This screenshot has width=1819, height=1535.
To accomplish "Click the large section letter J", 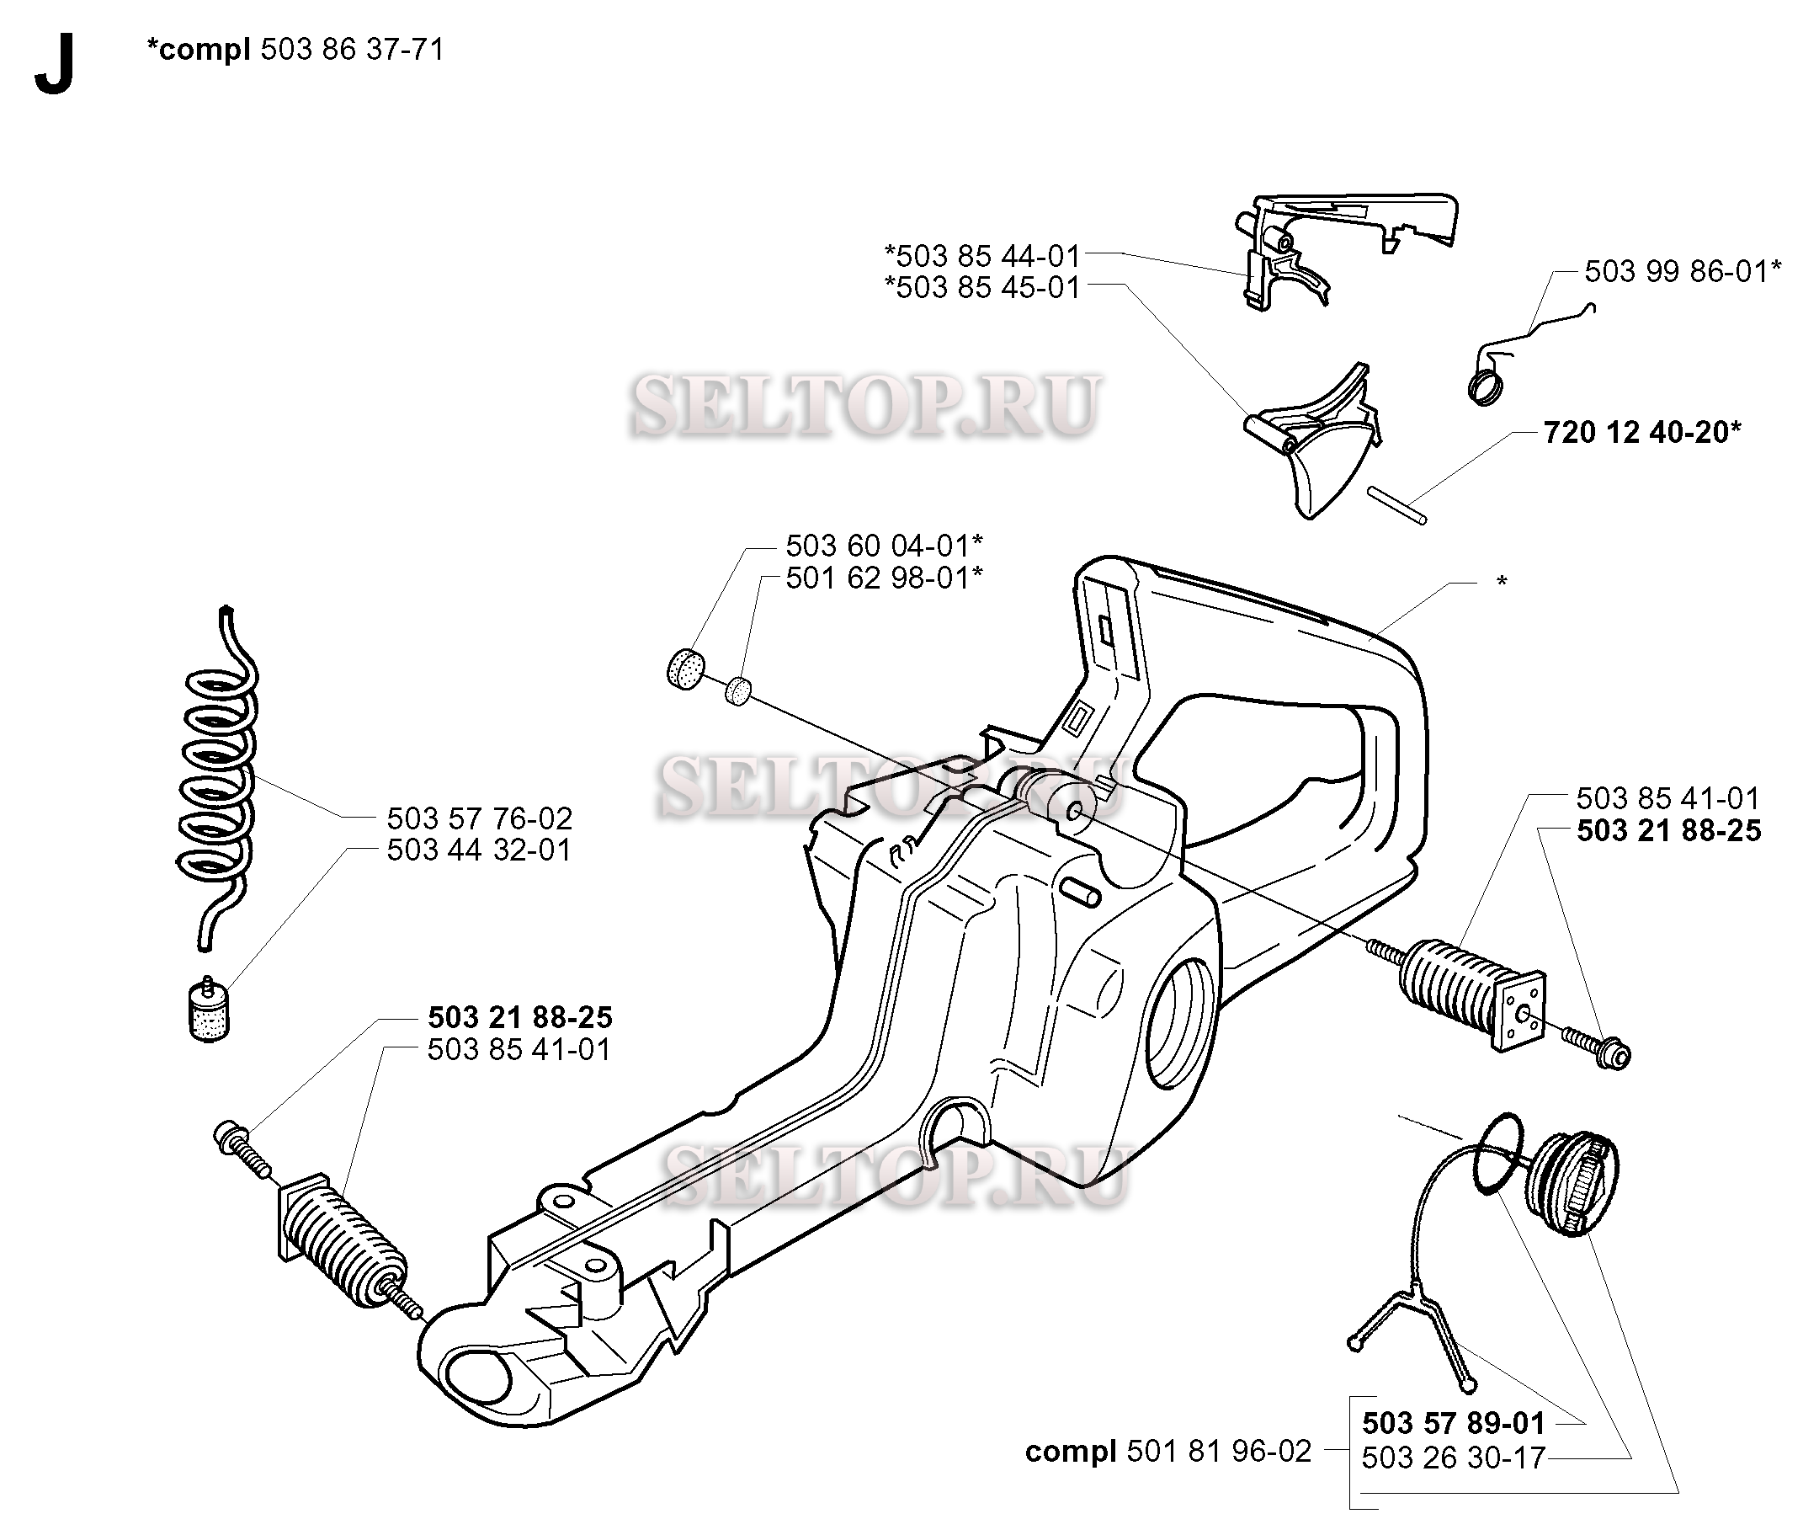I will pyautogui.click(x=54, y=67).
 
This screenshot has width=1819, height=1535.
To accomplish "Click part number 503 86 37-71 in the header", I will pyautogui.click(x=353, y=50).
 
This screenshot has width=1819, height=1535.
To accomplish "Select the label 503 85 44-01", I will pyautogui.click(x=982, y=256).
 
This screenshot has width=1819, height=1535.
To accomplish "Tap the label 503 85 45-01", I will pyautogui.click(x=982, y=287).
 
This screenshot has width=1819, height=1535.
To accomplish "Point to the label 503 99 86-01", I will pyautogui.click(x=1683, y=271).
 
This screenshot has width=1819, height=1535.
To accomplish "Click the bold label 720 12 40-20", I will pyautogui.click(x=1642, y=433).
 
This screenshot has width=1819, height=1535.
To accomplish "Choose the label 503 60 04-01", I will pyautogui.click(x=884, y=546).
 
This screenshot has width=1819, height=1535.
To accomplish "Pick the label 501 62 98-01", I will pyautogui.click(x=884, y=578).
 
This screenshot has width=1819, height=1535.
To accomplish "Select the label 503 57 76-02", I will pyautogui.click(x=479, y=818).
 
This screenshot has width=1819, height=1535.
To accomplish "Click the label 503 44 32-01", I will pyautogui.click(x=479, y=850).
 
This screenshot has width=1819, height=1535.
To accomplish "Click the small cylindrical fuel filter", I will pyautogui.click(x=209, y=1012).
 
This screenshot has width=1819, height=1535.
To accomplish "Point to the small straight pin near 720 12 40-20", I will pyautogui.click(x=1396, y=505).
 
